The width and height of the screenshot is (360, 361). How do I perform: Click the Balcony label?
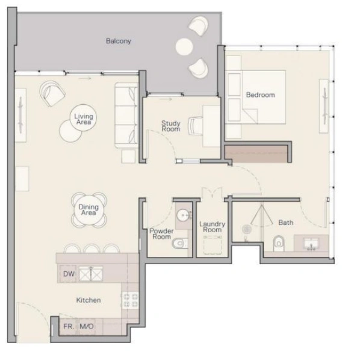click(119, 41)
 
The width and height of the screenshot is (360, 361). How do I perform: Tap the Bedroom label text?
click(260, 95)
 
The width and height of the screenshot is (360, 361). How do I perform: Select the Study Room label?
click(170, 126)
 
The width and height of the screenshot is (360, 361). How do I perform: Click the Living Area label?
click(83, 119)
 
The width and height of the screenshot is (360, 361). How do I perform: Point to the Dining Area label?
click(88, 210)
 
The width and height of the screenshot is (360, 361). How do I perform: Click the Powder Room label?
click(161, 233)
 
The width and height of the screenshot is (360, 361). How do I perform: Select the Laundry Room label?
click(212, 227)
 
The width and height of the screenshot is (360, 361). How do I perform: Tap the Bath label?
click(285, 223)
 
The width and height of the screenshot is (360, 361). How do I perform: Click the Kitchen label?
click(88, 300)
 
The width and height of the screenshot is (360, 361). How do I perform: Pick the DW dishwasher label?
click(68, 274)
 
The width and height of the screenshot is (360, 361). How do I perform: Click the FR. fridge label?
click(69, 327)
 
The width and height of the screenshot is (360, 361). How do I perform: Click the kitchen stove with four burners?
click(131, 300)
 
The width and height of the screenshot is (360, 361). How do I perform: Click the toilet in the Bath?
click(278, 244)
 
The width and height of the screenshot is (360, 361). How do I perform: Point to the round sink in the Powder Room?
click(182, 215)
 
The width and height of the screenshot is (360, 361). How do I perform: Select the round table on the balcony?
click(184, 46)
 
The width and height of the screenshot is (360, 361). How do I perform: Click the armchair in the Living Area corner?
click(52, 93)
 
